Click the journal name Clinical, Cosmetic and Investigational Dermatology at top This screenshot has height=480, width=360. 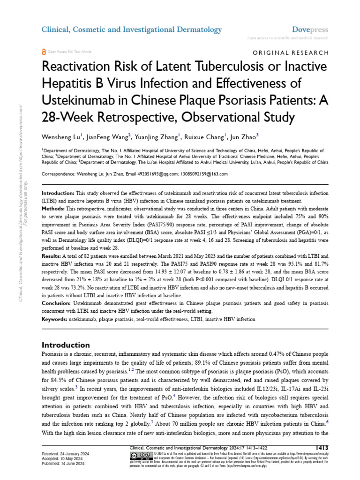132,30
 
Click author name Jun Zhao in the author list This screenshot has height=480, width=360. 243,137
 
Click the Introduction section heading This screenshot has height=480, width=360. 66,345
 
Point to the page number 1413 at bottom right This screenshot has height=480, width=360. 322,447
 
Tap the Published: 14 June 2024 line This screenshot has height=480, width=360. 63,463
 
